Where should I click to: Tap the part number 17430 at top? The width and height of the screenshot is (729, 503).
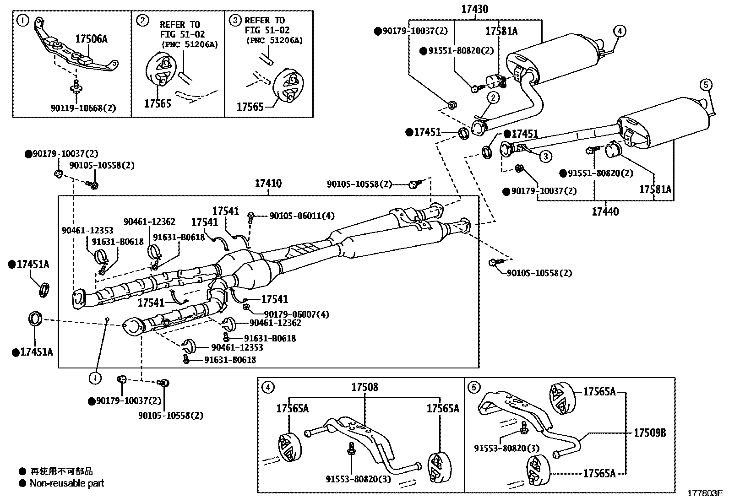pyautogui.click(x=475, y=9)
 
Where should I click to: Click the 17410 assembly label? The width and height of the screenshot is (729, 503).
pyautogui.click(x=268, y=184)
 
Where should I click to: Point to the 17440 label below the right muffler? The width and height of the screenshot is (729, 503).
pyautogui.click(x=605, y=211)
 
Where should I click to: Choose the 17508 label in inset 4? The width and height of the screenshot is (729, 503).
pyautogui.click(x=365, y=387)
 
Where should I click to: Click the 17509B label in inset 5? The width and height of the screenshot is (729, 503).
pyautogui.click(x=650, y=433)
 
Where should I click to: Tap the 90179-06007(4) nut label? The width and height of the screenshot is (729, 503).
pyautogui.click(x=296, y=314)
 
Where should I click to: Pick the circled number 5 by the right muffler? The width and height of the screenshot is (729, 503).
pyautogui.click(x=706, y=84)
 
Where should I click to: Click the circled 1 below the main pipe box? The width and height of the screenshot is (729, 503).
pyautogui.click(x=95, y=378)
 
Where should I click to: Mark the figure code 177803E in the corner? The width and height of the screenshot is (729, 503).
pyautogui.click(x=703, y=493)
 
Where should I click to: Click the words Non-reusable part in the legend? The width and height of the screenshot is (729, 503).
pyautogui.click(x=67, y=483)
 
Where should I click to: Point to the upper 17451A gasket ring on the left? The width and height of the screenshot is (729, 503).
pyautogui.click(x=44, y=290)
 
